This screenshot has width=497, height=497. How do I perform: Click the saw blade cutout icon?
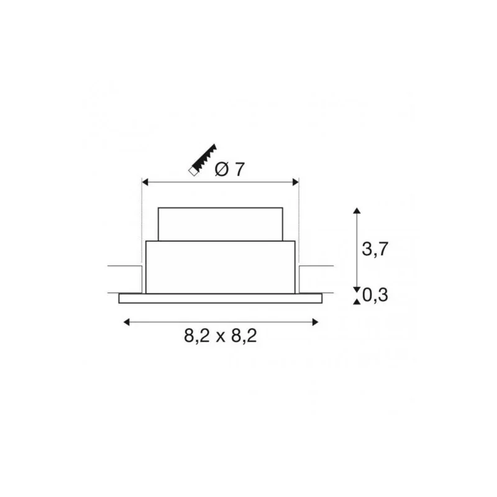tap(203, 159)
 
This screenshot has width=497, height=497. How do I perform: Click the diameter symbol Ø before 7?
tap(222, 169)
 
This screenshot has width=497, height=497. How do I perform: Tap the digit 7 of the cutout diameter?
tap(240, 169)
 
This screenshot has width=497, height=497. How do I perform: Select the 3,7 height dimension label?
tap(375, 248)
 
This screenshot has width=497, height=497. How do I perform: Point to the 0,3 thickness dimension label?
tap(375, 295)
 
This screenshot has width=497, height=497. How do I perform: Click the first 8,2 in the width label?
tap(197, 335)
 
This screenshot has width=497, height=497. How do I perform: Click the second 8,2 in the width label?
tap(244, 335)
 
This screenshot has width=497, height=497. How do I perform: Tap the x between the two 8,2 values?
tap(221, 337)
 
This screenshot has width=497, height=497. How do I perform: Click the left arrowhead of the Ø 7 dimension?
tap(145, 182)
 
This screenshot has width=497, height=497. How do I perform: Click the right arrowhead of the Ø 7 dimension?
tap(296, 182)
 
